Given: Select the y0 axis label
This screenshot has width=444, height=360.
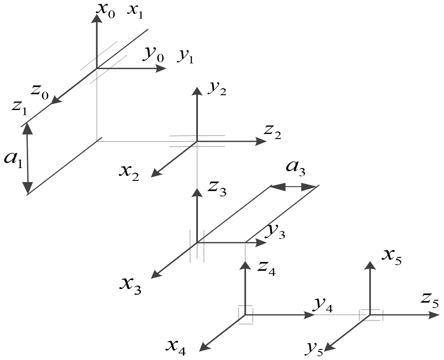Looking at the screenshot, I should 153,54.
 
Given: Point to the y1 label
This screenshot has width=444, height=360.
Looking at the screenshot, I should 185,56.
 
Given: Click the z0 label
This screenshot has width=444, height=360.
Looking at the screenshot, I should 40,91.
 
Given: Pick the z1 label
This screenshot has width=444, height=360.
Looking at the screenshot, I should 20,107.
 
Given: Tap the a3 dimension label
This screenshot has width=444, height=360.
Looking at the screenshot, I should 295,167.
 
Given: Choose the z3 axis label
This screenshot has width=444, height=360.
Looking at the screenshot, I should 216,189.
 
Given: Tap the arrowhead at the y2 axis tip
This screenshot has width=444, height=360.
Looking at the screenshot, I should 197,91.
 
